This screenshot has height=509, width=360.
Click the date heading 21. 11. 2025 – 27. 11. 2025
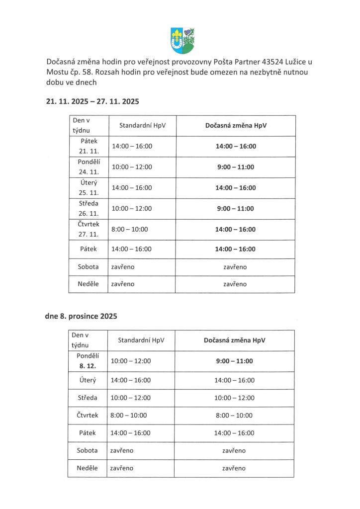[92, 101]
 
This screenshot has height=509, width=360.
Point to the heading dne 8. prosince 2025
[81, 316]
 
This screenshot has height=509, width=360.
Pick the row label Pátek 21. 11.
[89, 146]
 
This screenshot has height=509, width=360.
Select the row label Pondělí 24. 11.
[89, 167]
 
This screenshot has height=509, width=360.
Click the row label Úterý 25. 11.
[89, 187]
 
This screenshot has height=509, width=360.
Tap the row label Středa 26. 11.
[89, 208]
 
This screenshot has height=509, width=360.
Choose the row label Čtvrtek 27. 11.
[89, 229]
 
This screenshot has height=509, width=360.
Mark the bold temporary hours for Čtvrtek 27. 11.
[236, 229]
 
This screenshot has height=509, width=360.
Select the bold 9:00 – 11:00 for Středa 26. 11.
[236, 208]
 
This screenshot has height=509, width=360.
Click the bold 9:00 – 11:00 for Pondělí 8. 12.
[235, 361]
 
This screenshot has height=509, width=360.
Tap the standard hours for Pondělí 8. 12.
[130, 361]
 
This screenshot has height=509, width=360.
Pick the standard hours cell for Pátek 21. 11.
[132, 147]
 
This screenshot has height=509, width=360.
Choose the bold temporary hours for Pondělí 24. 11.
[236, 167]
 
